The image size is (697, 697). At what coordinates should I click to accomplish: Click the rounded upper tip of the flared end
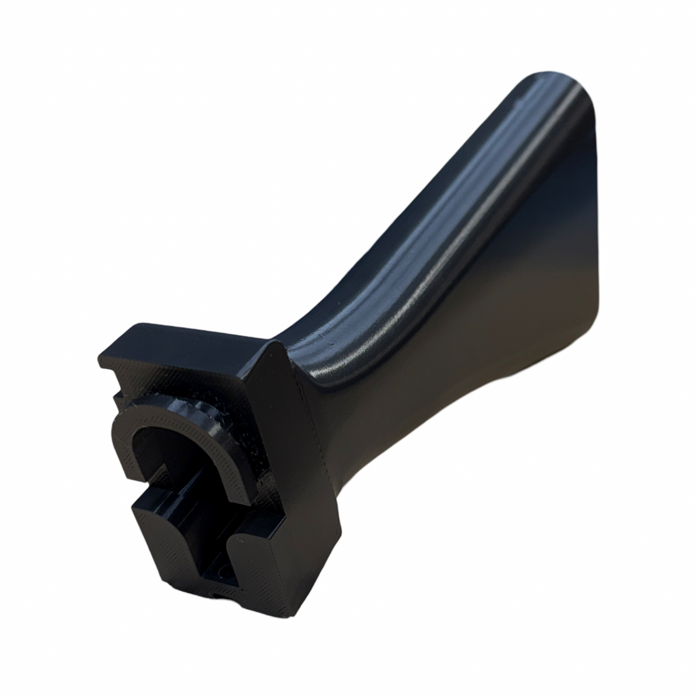point(545,84)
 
